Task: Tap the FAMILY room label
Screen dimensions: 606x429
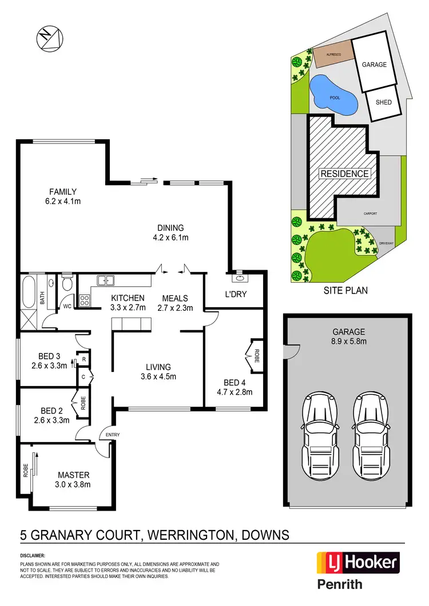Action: click(63, 192)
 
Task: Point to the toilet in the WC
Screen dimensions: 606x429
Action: click(67, 283)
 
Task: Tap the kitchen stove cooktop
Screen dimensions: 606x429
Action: click(84, 300)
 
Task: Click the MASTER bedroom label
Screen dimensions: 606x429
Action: click(74, 475)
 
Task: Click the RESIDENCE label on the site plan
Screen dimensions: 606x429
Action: click(344, 173)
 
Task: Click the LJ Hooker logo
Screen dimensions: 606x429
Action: click(357, 563)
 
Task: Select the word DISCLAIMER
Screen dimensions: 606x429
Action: click(33, 555)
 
